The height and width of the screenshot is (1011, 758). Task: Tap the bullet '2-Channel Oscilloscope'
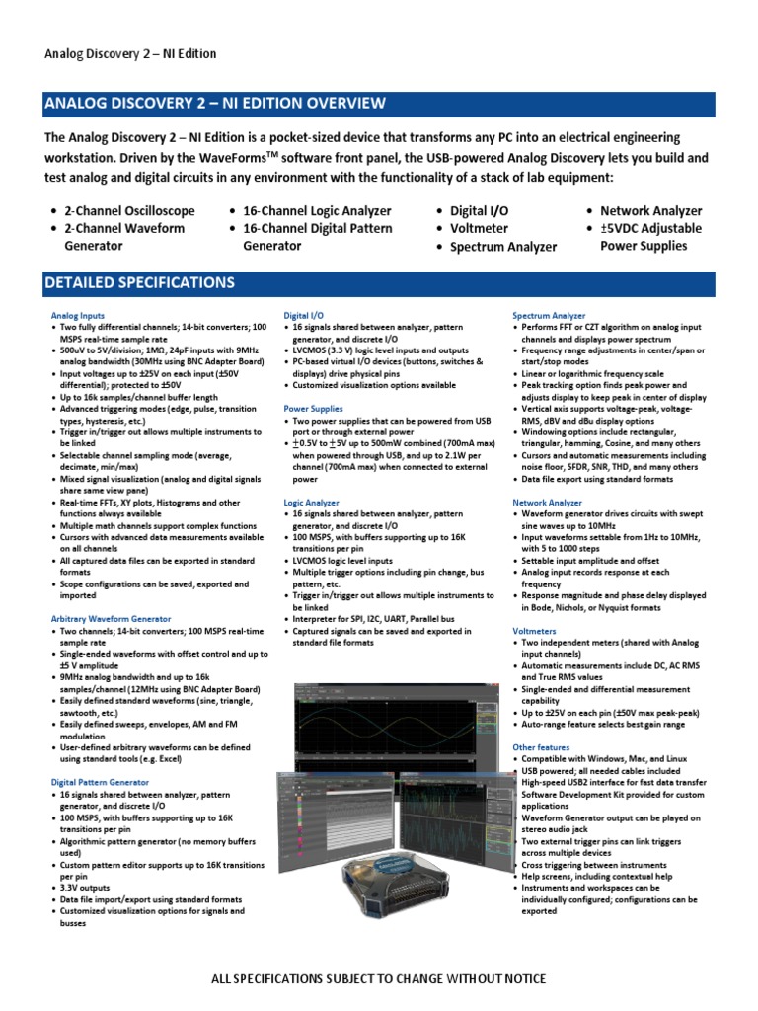pos(129,211)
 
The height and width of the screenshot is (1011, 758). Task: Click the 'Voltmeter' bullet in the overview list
pos(479,228)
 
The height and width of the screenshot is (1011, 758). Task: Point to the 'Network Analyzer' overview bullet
pos(650,211)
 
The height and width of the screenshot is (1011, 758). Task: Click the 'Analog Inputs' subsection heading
pos(77,315)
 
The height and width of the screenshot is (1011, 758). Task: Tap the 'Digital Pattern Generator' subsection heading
pos(101,782)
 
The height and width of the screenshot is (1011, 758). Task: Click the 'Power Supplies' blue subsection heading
pos(313,408)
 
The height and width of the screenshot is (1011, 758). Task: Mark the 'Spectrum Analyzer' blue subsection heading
pos(548,315)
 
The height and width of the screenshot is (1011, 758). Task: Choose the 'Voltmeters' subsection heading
pos(534,628)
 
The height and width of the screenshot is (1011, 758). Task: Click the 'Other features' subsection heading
pos(541,748)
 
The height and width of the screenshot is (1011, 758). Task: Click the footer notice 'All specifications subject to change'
pos(378,978)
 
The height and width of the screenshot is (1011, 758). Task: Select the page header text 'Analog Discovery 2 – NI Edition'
pos(130,53)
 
